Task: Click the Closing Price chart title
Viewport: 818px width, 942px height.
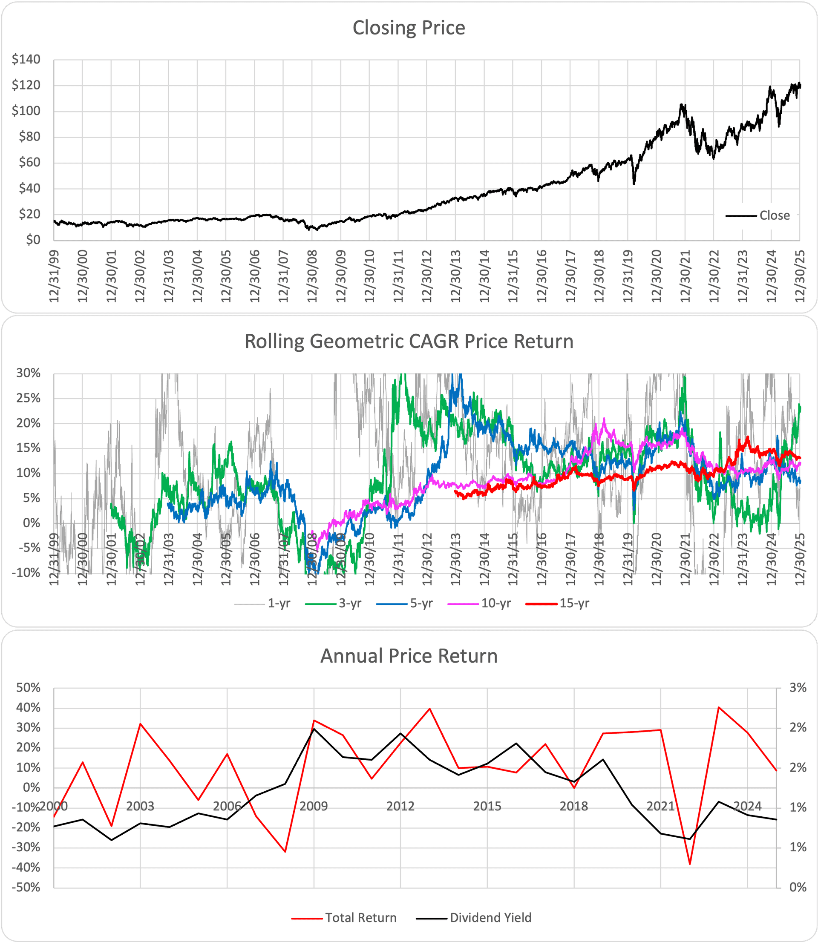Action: click(409, 28)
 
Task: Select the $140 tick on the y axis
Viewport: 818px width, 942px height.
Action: click(26, 59)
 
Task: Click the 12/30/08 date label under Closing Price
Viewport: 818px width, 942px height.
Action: click(312, 276)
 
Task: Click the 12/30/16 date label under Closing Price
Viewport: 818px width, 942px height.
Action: click(542, 276)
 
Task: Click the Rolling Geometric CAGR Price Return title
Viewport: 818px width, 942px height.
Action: click(409, 342)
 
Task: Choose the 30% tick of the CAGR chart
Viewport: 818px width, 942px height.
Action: click(28, 373)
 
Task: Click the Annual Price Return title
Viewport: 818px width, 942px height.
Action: click(409, 656)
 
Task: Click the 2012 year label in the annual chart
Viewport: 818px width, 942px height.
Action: click(400, 807)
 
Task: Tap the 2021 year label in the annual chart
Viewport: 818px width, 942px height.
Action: click(660, 807)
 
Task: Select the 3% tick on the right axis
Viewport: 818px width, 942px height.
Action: click(798, 688)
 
